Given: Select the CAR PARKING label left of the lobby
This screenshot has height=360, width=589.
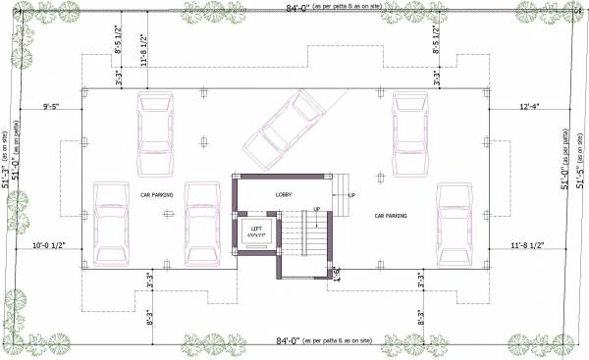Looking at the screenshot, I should (x=156, y=195).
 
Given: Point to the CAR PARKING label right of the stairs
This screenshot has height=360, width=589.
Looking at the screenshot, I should (x=390, y=215).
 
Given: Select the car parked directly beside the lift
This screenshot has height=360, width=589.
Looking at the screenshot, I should (x=205, y=223).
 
